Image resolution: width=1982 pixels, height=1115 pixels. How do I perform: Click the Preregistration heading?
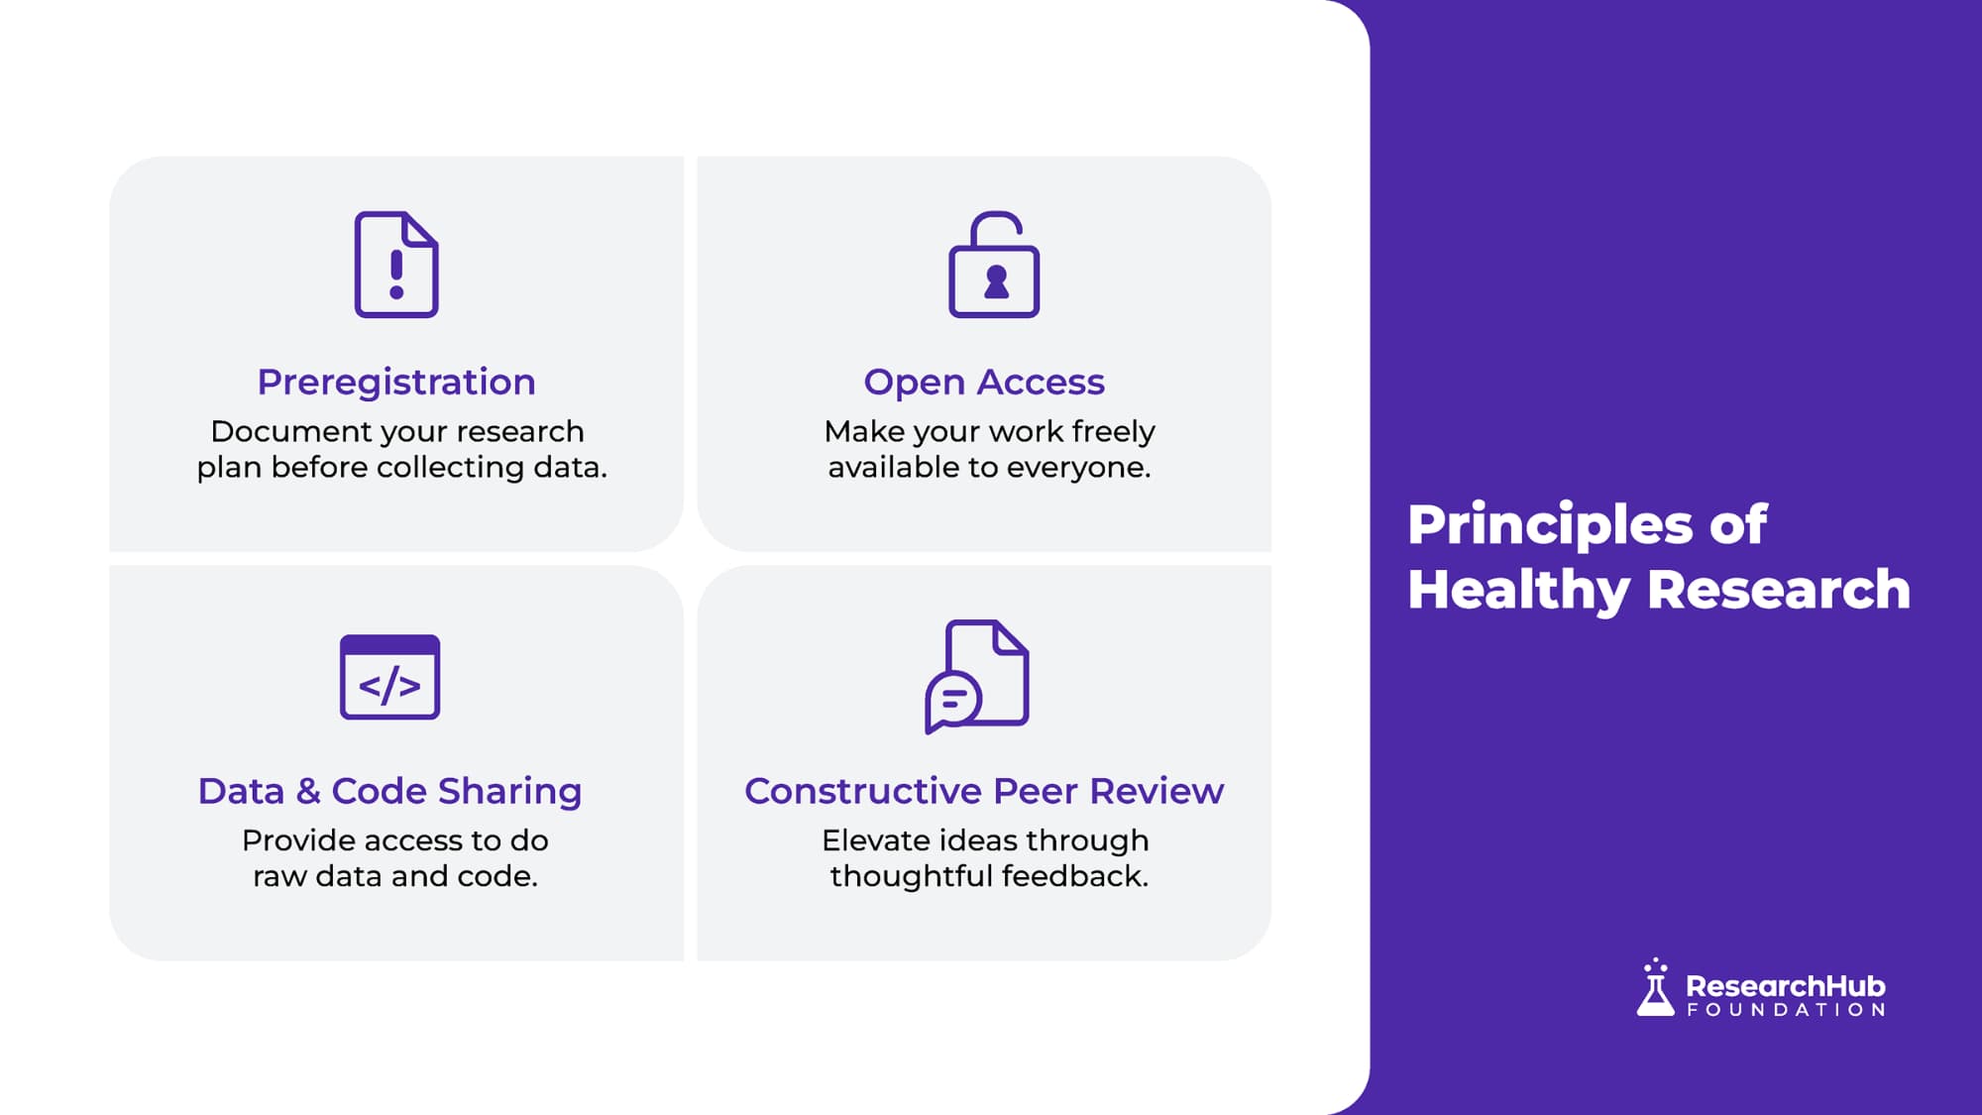coord(396,383)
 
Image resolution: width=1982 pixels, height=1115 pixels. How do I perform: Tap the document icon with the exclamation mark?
coord(396,265)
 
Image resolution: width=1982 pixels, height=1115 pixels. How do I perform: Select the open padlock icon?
coord(994,265)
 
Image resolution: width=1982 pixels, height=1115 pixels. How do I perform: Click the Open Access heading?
coord(984,383)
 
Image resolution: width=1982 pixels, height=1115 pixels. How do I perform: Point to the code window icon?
coord(389,677)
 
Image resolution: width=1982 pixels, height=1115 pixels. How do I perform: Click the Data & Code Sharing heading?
coord(389,791)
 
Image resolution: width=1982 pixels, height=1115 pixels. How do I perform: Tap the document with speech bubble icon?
coord(977,677)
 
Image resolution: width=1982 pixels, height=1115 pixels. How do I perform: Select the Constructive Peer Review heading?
coord(984,791)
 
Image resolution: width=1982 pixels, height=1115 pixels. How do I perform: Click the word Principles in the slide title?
coord(1550,526)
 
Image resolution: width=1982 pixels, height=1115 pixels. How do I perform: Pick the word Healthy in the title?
coord(1518,591)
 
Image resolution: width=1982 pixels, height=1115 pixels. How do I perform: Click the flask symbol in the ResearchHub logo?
coord(1655,987)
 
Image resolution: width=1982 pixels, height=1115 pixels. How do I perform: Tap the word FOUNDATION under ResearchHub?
coord(1786,1010)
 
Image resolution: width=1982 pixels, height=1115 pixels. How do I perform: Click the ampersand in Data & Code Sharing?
coord(308,791)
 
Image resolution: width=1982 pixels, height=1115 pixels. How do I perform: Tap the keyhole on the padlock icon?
coord(996,282)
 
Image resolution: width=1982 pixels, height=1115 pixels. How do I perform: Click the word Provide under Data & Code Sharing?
coord(299,840)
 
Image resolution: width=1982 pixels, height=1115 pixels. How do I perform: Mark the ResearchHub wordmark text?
coord(1786,986)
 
